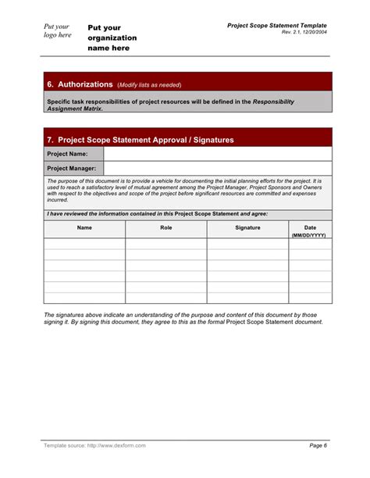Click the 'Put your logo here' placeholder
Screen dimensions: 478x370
pyautogui.click(x=57, y=30)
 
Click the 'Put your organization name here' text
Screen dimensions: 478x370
pyautogui.click(x=112, y=37)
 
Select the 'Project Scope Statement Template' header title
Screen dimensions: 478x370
pyautogui.click(x=276, y=25)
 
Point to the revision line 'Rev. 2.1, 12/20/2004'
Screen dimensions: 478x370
pyautogui.click(x=299, y=33)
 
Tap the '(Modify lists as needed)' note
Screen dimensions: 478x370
pyautogui.click(x=148, y=84)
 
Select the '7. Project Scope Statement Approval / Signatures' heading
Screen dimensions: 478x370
pyautogui.click(x=141, y=140)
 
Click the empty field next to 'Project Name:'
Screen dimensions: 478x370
pyautogui.click(x=218, y=154)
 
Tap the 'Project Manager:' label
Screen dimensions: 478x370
pyautogui.click(x=72, y=168)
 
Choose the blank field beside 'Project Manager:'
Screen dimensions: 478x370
pyautogui.click(x=218, y=168)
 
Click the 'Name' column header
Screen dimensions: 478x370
pyautogui.click(x=84, y=227)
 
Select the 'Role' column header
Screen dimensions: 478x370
pyautogui.click(x=165, y=227)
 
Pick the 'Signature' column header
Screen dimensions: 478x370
pyautogui.click(x=247, y=227)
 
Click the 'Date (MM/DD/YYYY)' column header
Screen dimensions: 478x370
pyautogui.click(x=310, y=230)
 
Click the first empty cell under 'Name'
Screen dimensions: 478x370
pyautogui.click(x=84, y=244)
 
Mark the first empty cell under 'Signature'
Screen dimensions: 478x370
pyautogui.click(x=247, y=244)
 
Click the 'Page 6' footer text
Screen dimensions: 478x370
pyautogui.click(x=318, y=445)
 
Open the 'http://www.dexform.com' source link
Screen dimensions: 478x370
pyautogui.click(x=116, y=445)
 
